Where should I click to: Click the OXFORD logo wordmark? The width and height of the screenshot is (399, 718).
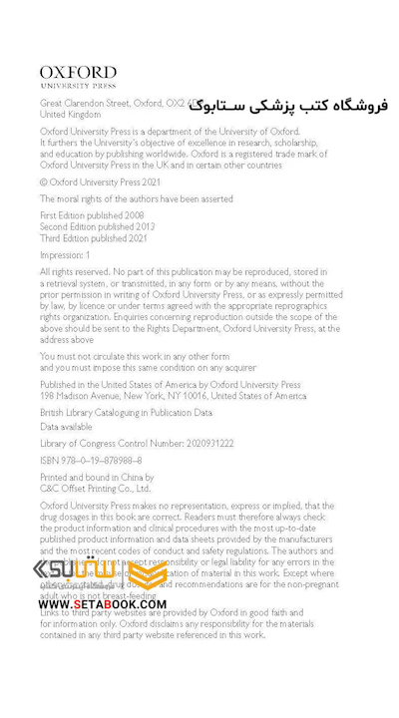click(x=78, y=72)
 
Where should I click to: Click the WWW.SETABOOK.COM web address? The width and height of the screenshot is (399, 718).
click(x=103, y=604)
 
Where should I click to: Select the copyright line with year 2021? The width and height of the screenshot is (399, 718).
click(x=100, y=182)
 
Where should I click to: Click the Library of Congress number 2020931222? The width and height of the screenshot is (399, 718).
click(x=137, y=443)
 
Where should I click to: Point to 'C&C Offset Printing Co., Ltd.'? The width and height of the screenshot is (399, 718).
click(x=95, y=489)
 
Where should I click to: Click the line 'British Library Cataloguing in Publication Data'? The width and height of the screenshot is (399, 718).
click(x=126, y=412)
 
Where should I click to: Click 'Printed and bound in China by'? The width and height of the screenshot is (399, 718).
click(x=97, y=478)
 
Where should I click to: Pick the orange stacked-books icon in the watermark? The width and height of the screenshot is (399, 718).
click(x=147, y=572)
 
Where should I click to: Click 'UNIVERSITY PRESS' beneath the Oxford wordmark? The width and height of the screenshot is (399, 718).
click(x=78, y=86)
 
